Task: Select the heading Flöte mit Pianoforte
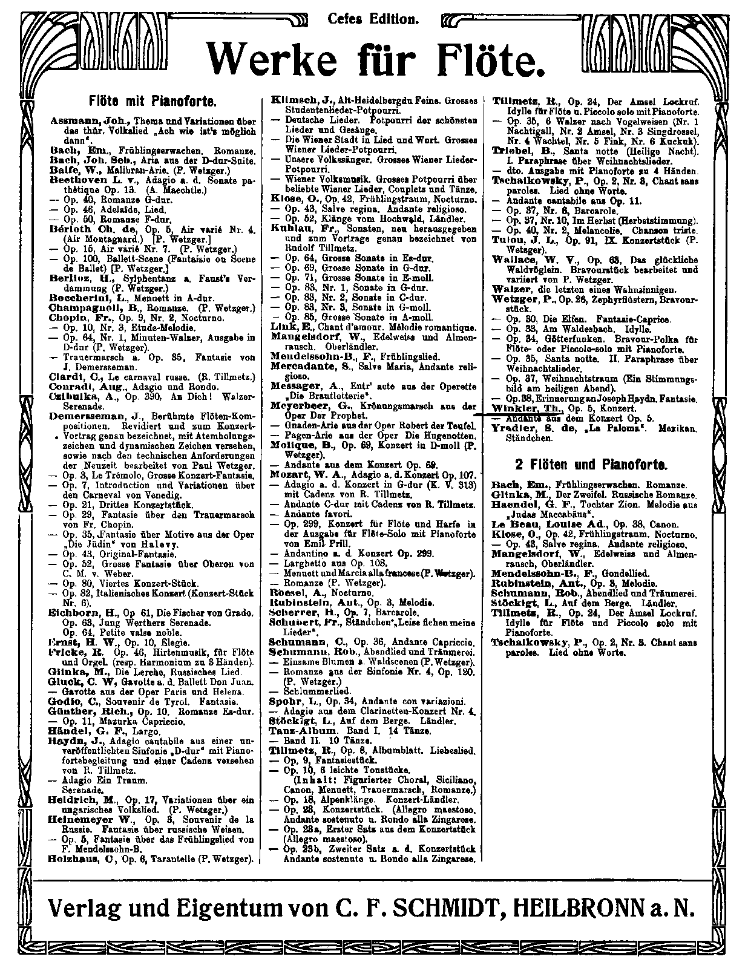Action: [149, 99]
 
